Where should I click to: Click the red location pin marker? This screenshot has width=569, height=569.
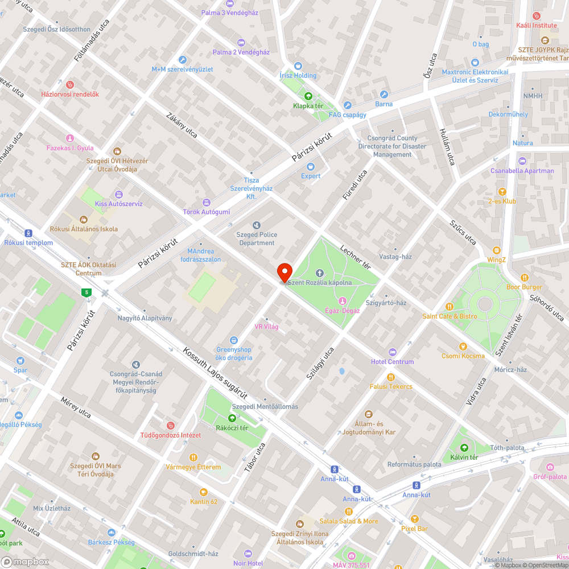(x=284, y=272)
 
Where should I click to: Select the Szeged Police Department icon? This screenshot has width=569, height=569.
(x=256, y=225)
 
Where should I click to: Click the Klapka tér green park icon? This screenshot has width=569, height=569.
(x=308, y=96)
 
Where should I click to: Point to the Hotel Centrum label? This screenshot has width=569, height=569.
(x=392, y=362)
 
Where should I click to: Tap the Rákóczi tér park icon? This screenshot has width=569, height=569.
(x=232, y=418)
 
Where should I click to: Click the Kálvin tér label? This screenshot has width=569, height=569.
(x=464, y=457)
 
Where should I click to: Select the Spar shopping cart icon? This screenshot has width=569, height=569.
(x=20, y=361)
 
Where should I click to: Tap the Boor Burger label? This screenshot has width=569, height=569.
(x=524, y=287)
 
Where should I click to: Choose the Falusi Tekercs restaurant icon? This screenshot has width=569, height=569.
(x=390, y=377)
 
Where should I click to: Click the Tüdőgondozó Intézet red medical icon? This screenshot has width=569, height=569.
(x=170, y=426)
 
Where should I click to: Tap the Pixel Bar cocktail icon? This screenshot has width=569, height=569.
(x=414, y=519)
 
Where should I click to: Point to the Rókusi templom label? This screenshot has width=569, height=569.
(x=28, y=243)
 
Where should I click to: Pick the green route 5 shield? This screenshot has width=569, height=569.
(x=86, y=292)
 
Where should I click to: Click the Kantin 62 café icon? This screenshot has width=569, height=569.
(x=204, y=492)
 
